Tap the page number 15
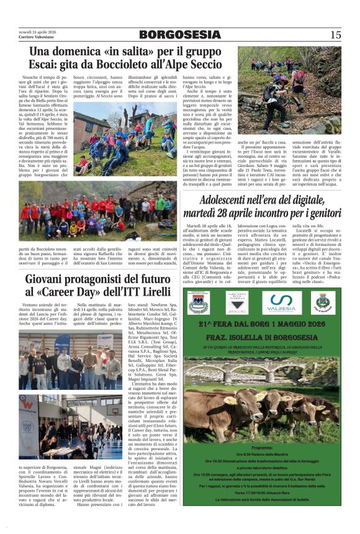pos(335,35)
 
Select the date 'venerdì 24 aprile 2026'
pos(36,32)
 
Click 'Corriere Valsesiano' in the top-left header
pos(34,37)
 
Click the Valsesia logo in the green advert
pos(282,303)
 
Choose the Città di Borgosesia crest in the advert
pos(322,302)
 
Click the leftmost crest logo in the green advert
pos(198,302)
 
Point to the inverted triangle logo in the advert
pos(236,302)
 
